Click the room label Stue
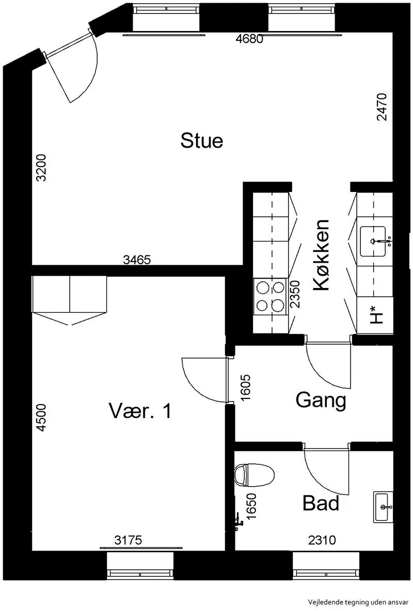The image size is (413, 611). [x=202, y=140]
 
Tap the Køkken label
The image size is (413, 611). [x=322, y=255]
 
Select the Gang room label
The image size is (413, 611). [x=321, y=400]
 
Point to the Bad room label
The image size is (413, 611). [x=321, y=503]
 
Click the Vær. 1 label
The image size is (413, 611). [x=140, y=411]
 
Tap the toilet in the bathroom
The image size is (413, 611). [x=255, y=475]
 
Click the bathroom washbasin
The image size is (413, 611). [x=383, y=507]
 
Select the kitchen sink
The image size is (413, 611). [x=373, y=242]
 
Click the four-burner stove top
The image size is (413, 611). [x=270, y=296]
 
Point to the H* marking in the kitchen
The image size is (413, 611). [x=376, y=315]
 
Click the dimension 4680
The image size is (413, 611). [x=250, y=39]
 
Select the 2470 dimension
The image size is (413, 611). [x=382, y=107]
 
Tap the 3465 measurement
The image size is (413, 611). [x=137, y=259]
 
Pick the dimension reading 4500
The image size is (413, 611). [x=41, y=417]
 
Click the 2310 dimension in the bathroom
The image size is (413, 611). [x=322, y=540]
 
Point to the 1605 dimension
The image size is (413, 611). [x=246, y=388]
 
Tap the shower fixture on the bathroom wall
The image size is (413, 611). [x=238, y=521]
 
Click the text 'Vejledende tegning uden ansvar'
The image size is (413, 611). [x=358, y=602]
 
